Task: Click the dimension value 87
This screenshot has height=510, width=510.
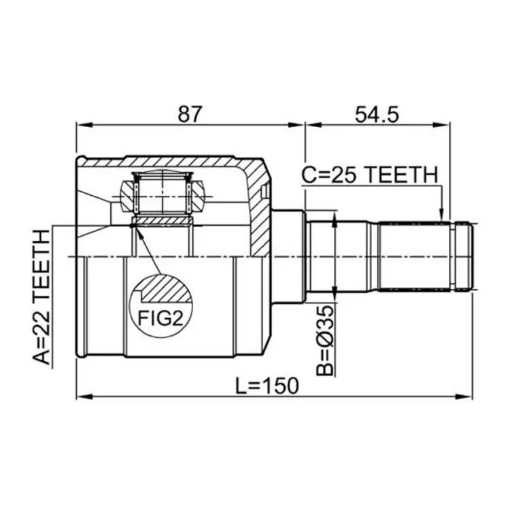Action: [190, 114]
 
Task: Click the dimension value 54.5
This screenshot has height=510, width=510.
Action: [377, 114]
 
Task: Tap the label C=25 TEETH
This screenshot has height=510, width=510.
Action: [370, 175]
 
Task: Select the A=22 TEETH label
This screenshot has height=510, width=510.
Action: [42, 297]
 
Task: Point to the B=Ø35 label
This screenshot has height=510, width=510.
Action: [326, 340]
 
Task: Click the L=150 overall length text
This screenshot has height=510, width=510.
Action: [267, 386]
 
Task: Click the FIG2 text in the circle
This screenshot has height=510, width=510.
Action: [160, 318]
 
